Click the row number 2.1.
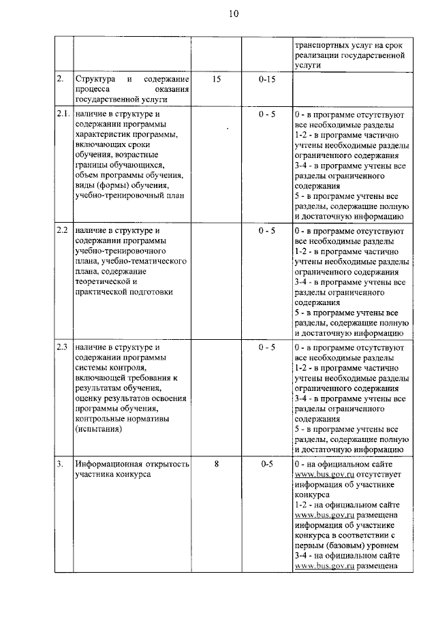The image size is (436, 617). click(63, 114)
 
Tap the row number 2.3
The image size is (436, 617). click(63, 347)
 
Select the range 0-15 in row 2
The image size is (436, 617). click(266, 80)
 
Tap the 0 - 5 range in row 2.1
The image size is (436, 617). click(266, 114)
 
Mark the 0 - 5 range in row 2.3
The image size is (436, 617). click(266, 347)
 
